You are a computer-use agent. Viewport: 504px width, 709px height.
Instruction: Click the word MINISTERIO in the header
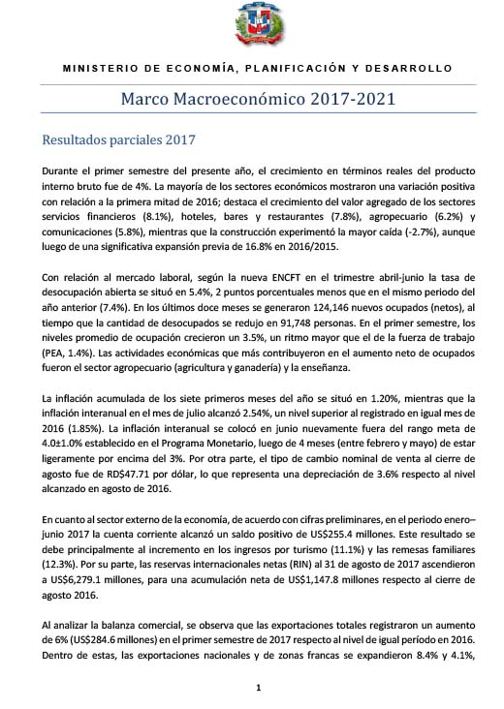coord(96,70)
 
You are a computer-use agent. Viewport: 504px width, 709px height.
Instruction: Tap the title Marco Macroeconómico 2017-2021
coord(257,98)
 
